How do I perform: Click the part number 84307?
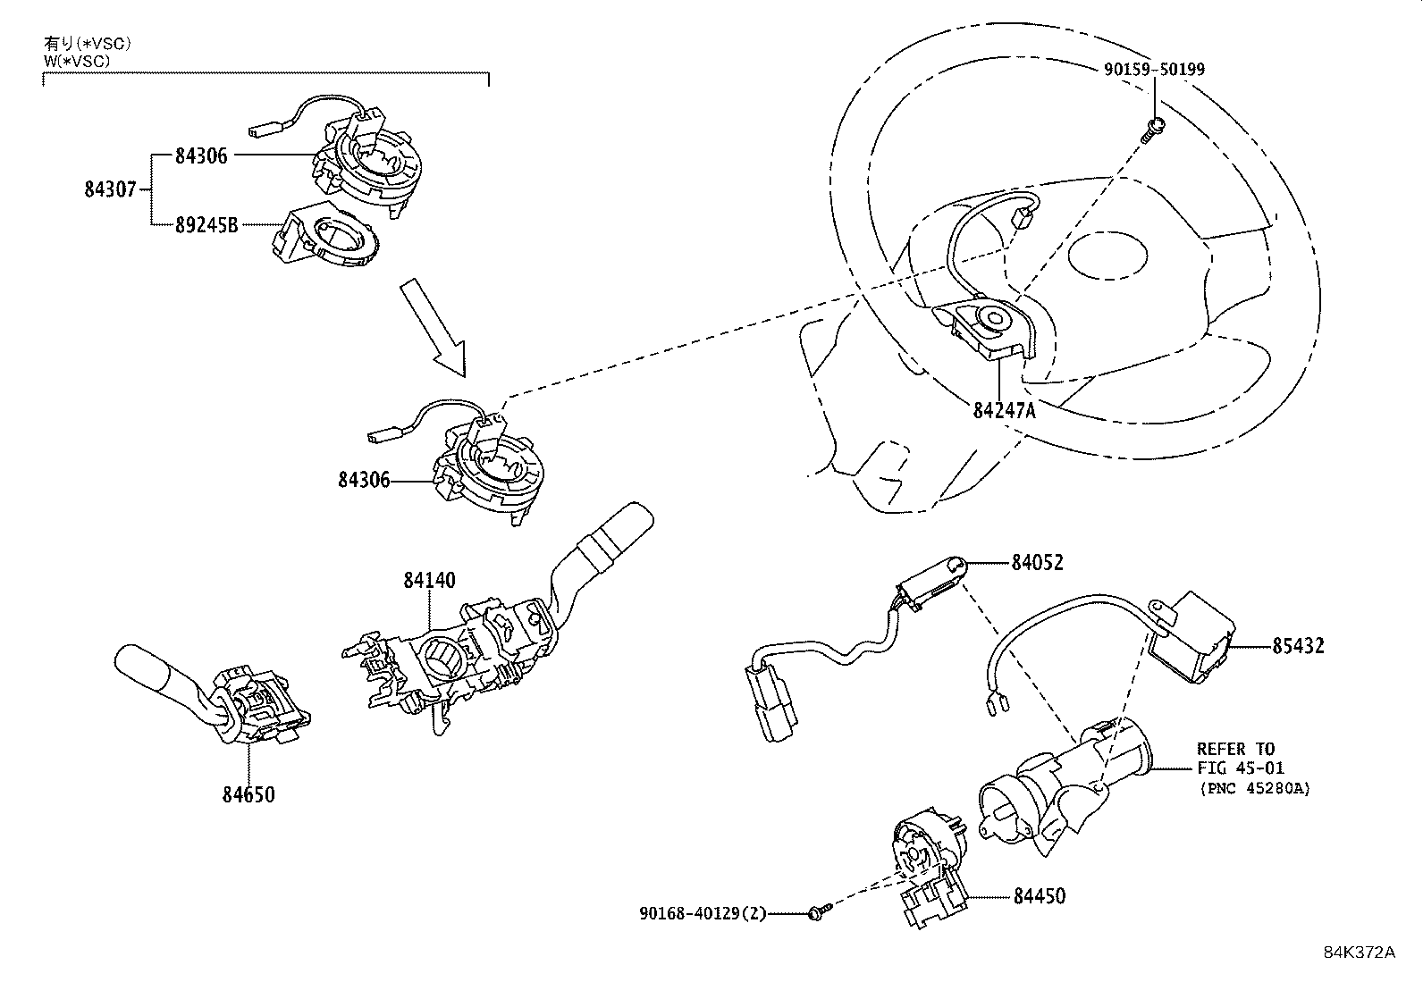[x=110, y=189]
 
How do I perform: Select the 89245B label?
[x=206, y=224]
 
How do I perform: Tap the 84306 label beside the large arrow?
[x=364, y=481]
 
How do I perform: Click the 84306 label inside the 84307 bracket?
[x=201, y=155]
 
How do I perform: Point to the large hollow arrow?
[x=434, y=326]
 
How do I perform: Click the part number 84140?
[x=428, y=581]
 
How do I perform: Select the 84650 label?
[x=248, y=793]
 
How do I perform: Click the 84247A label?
[x=1004, y=411]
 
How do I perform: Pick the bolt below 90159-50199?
[x=1152, y=129]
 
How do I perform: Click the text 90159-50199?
[x=1153, y=69]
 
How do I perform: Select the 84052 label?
[x=1038, y=562]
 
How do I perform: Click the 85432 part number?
[x=1298, y=645]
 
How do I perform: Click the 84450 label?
[x=1039, y=895]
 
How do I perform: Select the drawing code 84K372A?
[x=1359, y=953]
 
